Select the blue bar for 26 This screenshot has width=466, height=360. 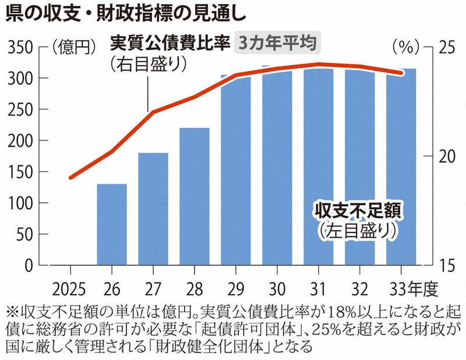click(112, 224)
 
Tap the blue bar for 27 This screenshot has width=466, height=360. click(153, 209)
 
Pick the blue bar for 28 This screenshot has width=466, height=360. click(195, 196)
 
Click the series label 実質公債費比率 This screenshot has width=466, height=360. click(170, 43)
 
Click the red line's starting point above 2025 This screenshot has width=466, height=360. click(70, 178)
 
